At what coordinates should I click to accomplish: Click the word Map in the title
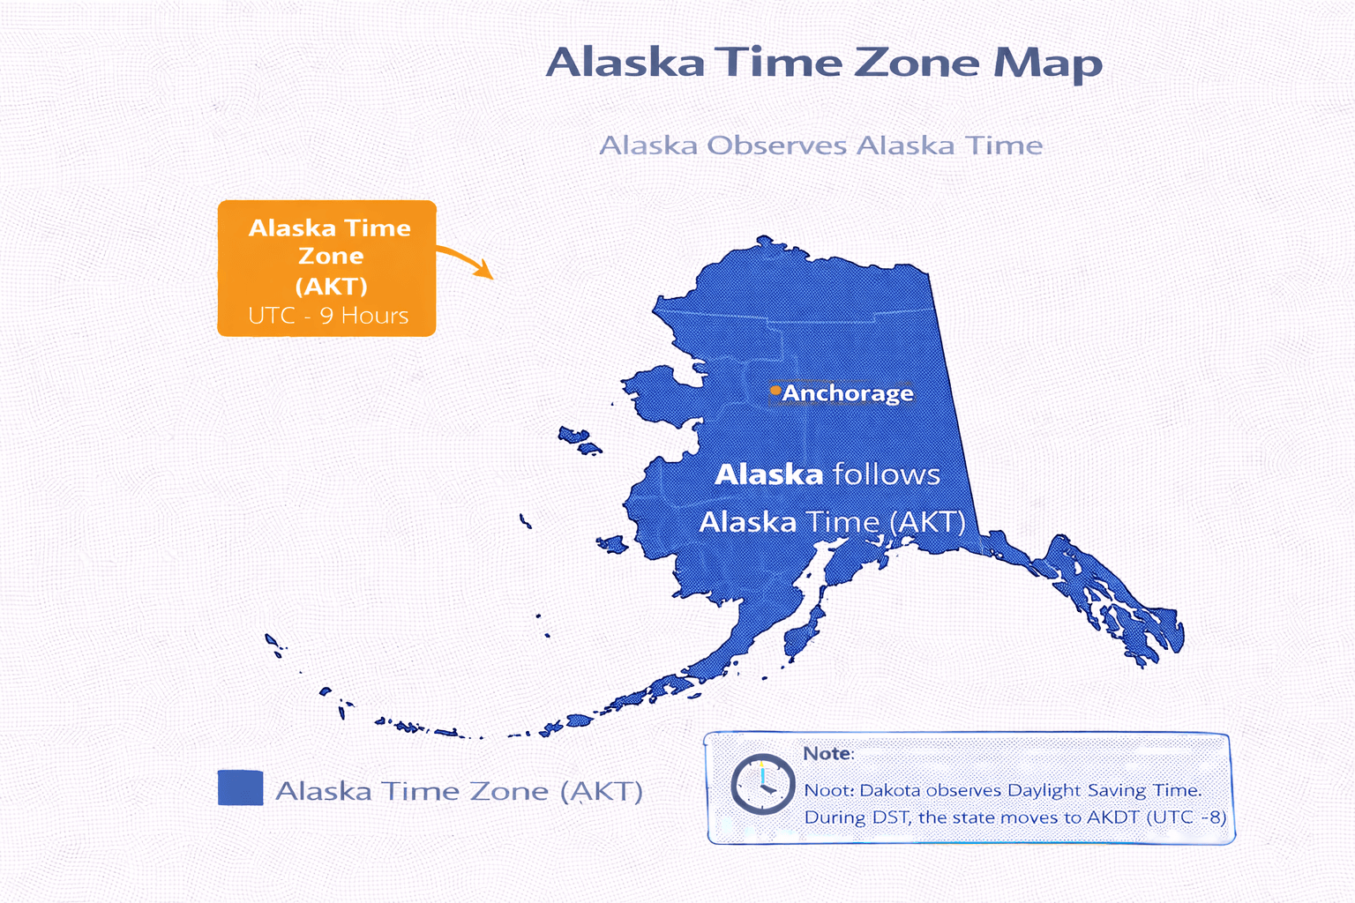[1048, 63]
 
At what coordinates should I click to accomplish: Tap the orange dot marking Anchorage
[775, 390]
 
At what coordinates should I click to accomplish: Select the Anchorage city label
[848, 393]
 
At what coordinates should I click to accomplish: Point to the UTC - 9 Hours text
[328, 316]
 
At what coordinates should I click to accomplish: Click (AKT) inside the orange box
[331, 287]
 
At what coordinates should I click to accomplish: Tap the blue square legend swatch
[240, 787]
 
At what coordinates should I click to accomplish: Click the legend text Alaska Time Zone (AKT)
[459, 791]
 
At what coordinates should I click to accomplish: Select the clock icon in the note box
[762, 783]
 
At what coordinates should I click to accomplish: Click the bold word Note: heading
[827, 754]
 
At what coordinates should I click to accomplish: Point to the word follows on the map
[886, 475]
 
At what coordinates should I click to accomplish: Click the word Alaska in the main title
[625, 63]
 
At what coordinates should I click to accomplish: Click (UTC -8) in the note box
[1187, 817]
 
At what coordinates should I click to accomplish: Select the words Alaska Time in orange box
[329, 228]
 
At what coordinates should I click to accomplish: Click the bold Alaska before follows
[768, 475]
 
